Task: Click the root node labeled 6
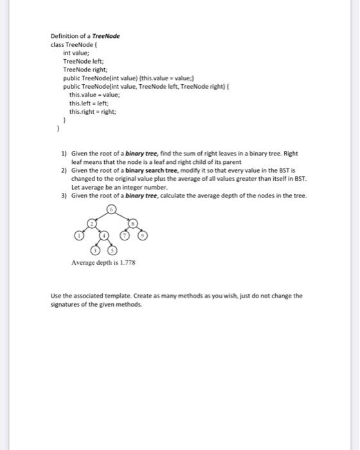[112, 210]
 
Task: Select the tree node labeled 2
[91, 223]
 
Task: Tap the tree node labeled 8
[132, 223]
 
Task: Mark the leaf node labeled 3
[96, 249]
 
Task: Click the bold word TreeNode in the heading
[105, 36]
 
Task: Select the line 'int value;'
[76, 53]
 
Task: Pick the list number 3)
[64, 195]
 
